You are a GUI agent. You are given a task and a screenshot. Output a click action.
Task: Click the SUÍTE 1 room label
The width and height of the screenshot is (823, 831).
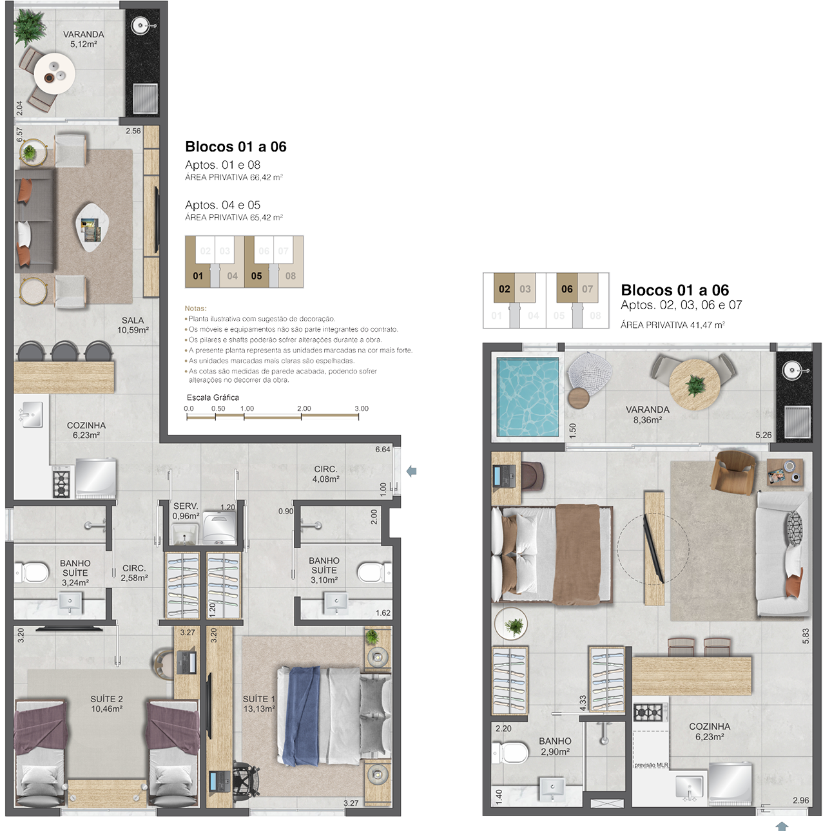coord(258,699)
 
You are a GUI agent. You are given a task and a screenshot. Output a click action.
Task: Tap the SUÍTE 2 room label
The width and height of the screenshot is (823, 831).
coord(106,699)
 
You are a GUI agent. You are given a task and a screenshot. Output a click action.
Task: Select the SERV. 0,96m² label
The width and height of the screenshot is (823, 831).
coord(186,511)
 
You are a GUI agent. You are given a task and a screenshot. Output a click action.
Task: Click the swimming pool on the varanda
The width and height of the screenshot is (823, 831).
coord(527,397)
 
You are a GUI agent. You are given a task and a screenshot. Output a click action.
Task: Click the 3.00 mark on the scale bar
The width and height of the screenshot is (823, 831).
coord(362,408)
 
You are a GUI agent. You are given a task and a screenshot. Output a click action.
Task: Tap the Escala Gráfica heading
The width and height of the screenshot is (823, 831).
coord(212,397)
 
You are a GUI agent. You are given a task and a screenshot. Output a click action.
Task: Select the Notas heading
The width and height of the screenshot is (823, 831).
coord(195,309)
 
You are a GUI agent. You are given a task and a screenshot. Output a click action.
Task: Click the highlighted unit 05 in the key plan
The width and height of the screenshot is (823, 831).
coord(256,276)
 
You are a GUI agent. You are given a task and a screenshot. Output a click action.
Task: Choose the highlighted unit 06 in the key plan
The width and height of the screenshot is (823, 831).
coord(566,289)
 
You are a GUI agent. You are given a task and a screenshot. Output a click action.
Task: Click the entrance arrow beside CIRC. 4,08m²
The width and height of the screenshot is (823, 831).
coord(411,472)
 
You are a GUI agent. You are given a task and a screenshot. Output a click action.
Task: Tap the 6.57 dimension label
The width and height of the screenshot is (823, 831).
coord(19,135)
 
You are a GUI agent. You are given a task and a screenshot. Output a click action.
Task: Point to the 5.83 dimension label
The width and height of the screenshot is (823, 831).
coord(806,636)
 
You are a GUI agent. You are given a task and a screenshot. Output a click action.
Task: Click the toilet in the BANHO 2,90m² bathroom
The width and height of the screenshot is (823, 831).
coord(510,752)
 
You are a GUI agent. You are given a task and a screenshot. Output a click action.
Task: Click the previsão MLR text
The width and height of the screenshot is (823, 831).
coord(651,765)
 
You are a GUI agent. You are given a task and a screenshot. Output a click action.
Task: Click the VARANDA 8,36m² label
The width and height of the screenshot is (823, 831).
coord(647,414)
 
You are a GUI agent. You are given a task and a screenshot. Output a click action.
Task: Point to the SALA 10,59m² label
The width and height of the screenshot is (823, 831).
coord(133,325)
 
